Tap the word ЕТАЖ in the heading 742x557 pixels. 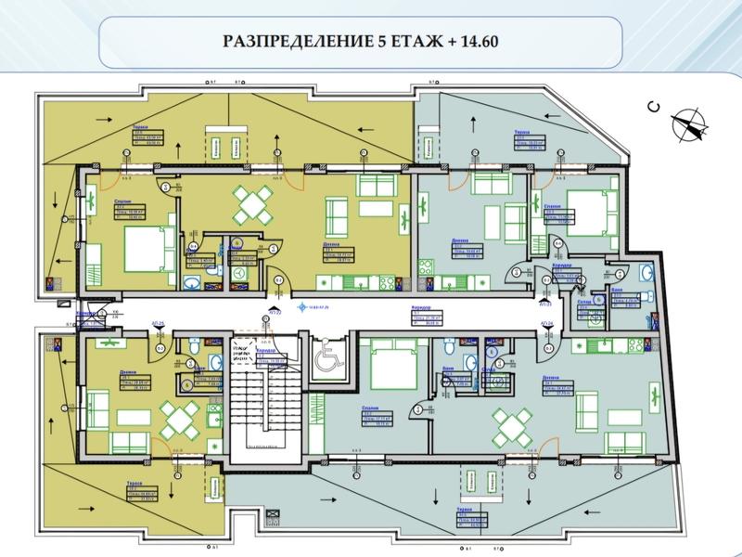click(420, 42)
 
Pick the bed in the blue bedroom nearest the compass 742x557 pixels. click(590, 213)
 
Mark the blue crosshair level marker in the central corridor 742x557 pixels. click(300, 305)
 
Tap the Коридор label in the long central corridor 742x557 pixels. click(421, 307)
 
